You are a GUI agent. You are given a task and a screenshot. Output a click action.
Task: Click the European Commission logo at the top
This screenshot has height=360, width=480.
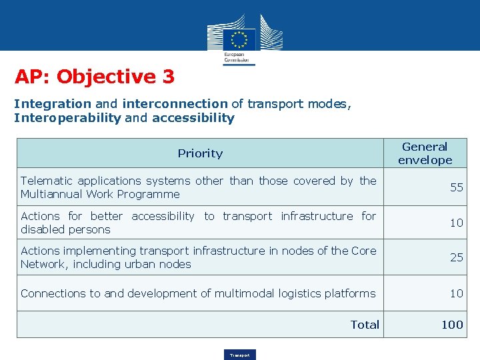click(239, 40)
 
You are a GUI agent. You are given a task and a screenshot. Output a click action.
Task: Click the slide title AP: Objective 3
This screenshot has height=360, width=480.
click(95, 77)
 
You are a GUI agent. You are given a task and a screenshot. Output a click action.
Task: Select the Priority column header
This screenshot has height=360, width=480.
click(200, 153)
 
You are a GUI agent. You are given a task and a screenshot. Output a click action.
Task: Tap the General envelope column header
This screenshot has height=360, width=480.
click(425, 153)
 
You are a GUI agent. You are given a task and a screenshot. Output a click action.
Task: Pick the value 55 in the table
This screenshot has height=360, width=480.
click(456, 187)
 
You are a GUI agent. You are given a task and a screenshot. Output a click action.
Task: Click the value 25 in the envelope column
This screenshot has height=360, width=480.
click(456, 257)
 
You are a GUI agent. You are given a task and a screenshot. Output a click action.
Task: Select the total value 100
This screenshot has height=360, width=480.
click(452, 325)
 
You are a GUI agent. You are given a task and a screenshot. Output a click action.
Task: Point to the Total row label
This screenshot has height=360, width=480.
click(365, 325)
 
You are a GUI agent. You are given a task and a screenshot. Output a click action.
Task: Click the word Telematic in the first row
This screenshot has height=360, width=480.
click(46, 181)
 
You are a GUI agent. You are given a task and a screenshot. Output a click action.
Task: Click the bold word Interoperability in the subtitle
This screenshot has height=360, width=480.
click(67, 119)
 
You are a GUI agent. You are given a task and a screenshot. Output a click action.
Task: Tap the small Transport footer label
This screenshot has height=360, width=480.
click(239, 355)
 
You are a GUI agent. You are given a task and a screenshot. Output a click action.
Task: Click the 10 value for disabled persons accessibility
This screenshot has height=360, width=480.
click(456, 223)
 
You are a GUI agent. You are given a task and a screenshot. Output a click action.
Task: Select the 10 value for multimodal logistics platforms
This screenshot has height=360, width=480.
click(456, 293)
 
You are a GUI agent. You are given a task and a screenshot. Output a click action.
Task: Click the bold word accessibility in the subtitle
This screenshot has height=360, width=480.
click(193, 119)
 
